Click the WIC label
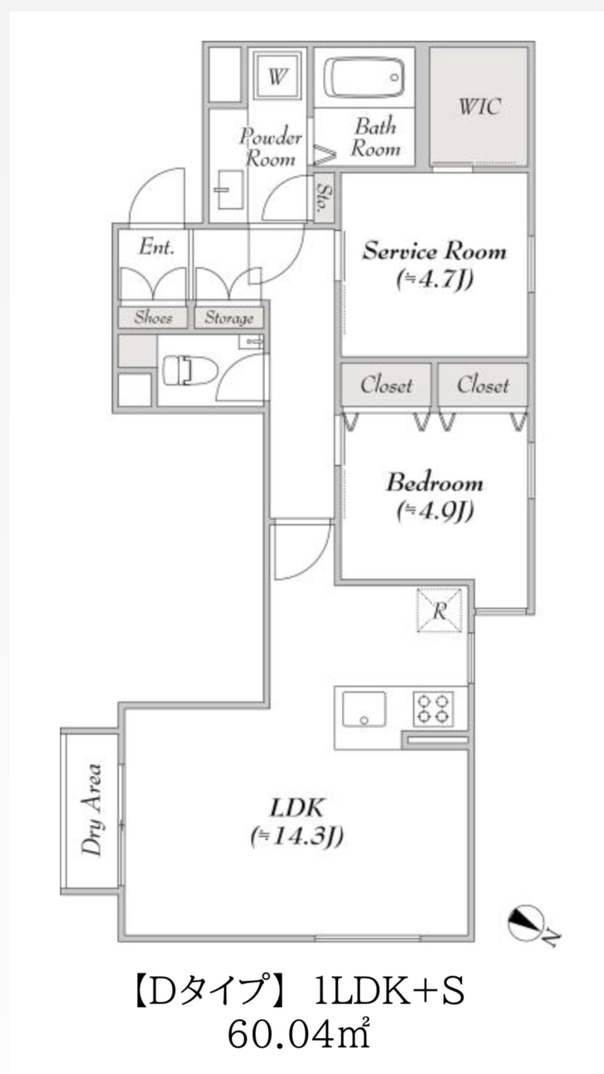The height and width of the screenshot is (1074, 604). coord(479,107)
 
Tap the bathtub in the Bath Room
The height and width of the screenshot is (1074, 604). coord(364,78)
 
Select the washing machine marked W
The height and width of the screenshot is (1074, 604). coord(277,77)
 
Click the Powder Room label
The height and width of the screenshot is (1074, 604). coord(271,148)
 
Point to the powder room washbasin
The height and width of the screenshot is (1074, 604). coord(229,190)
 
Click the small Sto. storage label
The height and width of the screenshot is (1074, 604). coord(325,198)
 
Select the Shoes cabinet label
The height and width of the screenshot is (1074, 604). coord(153,318)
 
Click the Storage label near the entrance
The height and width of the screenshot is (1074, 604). coord(229,318)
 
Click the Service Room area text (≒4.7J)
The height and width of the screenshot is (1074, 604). coord(434,280)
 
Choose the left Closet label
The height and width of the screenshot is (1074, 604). coord(386,385)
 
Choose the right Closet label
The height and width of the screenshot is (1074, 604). coord(483,385)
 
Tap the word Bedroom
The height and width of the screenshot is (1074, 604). coord(434,483)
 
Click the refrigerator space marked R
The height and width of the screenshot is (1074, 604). coord(440,610)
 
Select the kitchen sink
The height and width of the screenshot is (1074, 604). coord(364,709)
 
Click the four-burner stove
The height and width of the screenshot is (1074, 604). coord(433,709)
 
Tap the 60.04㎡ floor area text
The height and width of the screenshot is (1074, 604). coord(299,1033)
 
